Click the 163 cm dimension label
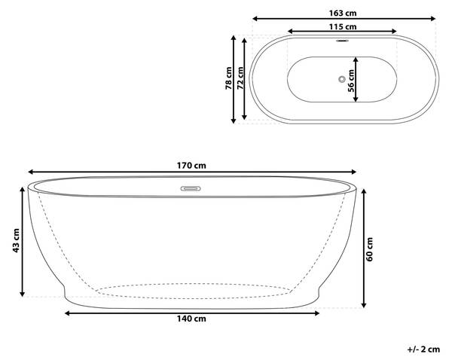[343, 14]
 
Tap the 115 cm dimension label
[343, 27]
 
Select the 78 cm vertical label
[228, 78]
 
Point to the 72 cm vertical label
[240, 78]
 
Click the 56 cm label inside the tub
[351, 81]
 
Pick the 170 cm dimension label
[191, 166]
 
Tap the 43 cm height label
[16, 241]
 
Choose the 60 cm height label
[369, 249]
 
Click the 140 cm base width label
[191, 319]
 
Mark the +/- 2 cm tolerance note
[423, 349]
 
